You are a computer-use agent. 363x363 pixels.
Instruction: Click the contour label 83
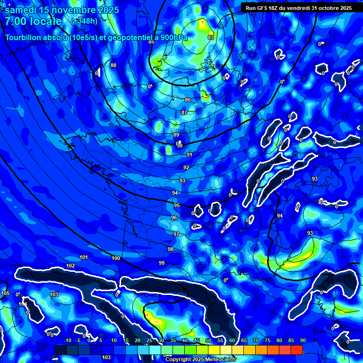[x=210, y=37]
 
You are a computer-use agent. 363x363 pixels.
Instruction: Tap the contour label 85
[x=151, y=42]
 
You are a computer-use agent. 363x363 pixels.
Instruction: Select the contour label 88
[x=113, y=65]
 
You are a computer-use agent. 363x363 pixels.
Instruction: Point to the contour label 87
[x=184, y=112]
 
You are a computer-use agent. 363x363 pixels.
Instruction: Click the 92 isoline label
[x=186, y=168]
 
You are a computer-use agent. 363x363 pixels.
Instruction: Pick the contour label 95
[x=177, y=205]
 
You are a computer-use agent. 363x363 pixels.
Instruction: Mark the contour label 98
[x=171, y=249]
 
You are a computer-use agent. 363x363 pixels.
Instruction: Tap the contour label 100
[x=116, y=258]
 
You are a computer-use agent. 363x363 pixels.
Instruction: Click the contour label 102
[x=70, y=266]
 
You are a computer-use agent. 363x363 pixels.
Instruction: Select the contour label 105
[x=5, y=294]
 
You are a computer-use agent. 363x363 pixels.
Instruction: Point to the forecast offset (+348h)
[x=84, y=21]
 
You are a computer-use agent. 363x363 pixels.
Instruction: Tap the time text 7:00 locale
[x=33, y=21]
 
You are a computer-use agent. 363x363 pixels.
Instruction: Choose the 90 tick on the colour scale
[x=302, y=341]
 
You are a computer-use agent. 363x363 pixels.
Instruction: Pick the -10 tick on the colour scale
[x=67, y=341]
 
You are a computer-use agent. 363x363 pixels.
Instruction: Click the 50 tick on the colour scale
[x=208, y=341]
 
